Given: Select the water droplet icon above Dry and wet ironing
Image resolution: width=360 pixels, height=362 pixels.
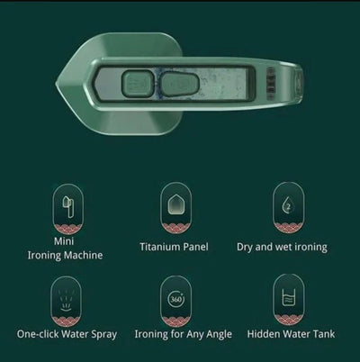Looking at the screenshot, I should point(287,204).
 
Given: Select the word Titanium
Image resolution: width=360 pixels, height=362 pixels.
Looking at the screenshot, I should point(162,246).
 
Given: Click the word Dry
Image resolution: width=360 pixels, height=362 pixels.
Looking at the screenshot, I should point(247,246).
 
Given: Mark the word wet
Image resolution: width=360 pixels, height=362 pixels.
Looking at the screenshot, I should point(289,246).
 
